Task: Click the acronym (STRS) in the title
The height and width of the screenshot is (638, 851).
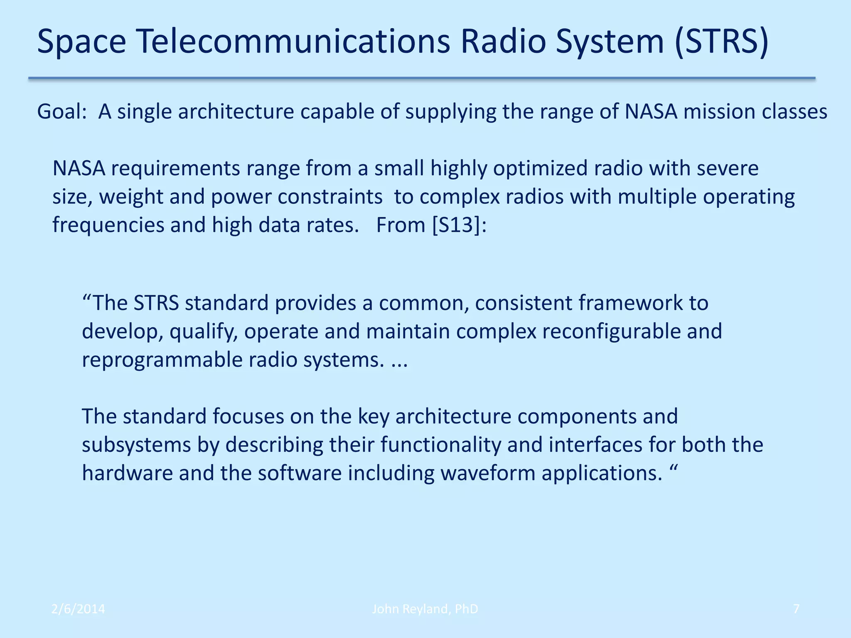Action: [x=721, y=42]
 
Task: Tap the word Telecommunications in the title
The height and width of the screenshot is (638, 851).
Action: [x=293, y=42]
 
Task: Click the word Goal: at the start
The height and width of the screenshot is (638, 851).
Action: [x=61, y=112]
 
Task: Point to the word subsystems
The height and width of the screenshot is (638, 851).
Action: [x=136, y=444]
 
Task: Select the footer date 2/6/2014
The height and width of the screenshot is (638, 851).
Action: [x=78, y=609]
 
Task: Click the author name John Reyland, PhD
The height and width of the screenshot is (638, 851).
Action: [x=425, y=609]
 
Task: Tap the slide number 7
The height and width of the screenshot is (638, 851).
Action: [x=796, y=609]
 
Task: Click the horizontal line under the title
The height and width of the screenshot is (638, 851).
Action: [x=421, y=78]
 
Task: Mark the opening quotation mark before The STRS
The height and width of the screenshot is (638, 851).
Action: [x=86, y=298]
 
